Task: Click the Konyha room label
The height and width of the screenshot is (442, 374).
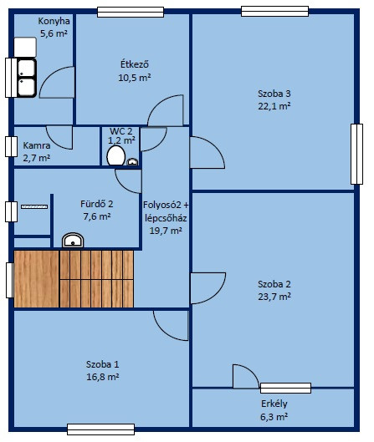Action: click(54, 21)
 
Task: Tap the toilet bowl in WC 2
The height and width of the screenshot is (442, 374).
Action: click(116, 155)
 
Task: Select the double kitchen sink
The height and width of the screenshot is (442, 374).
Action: click(27, 78)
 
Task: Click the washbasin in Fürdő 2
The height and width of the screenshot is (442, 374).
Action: click(73, 241)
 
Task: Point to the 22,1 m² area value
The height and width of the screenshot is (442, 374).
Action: click(274, 106)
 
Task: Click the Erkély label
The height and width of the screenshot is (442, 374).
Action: click(274, 404)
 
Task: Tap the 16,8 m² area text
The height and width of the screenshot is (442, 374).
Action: click(102, 377)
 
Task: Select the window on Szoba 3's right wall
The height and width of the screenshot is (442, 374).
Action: click(356, 154)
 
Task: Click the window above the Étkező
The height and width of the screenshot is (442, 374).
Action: click(131, 13)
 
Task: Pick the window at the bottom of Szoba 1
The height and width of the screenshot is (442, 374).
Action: click(100, 429)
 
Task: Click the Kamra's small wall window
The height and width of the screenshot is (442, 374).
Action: click(11, 146)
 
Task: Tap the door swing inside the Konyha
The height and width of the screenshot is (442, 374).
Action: click(57, 83)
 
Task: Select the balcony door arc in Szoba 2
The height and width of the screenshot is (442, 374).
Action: click(246, 376)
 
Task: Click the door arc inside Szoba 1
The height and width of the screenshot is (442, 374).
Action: click(171, 326)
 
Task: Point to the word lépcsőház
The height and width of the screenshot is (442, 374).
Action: click(166, 218)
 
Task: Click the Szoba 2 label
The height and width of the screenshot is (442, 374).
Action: click(274, 284)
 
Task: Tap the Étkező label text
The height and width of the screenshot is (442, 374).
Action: click(135, 64)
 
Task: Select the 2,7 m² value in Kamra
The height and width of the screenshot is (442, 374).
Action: click(37, 158)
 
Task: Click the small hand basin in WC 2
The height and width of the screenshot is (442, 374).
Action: click(132, 161)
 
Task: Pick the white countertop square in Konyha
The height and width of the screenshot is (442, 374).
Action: click(25, 47)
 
